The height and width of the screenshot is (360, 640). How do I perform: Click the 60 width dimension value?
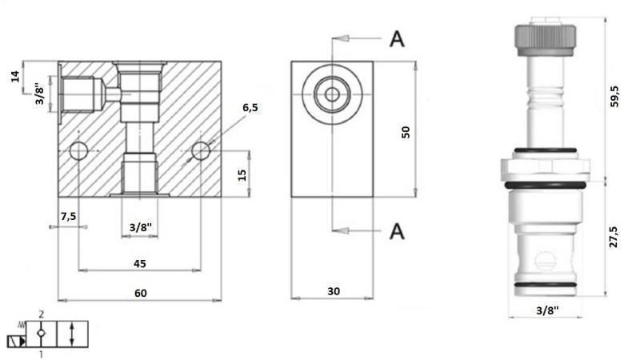tap(141, 293)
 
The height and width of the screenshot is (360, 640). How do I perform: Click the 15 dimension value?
tap(242, 174)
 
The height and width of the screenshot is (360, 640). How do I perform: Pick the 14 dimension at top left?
tap(14, 77)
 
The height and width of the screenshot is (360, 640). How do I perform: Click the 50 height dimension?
tap(406, 131)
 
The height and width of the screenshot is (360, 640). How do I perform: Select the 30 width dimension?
tap(333, 292)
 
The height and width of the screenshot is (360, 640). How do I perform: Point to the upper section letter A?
tap(397, 38)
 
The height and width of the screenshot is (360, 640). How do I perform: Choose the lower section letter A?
tap(397, 231)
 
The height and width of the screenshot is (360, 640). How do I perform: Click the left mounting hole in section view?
tap(79, 150)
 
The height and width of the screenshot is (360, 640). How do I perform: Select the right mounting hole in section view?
tap(201, 150)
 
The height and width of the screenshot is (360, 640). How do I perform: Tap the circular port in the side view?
tap(332, 94)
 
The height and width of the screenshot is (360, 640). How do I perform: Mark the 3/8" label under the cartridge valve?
tap(546, 310)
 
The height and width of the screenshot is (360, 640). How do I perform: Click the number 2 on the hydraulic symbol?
tap(42, 316)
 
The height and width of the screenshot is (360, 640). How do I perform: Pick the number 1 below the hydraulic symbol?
tap(41, 353)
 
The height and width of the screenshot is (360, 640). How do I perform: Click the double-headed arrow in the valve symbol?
tap(73, 334)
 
